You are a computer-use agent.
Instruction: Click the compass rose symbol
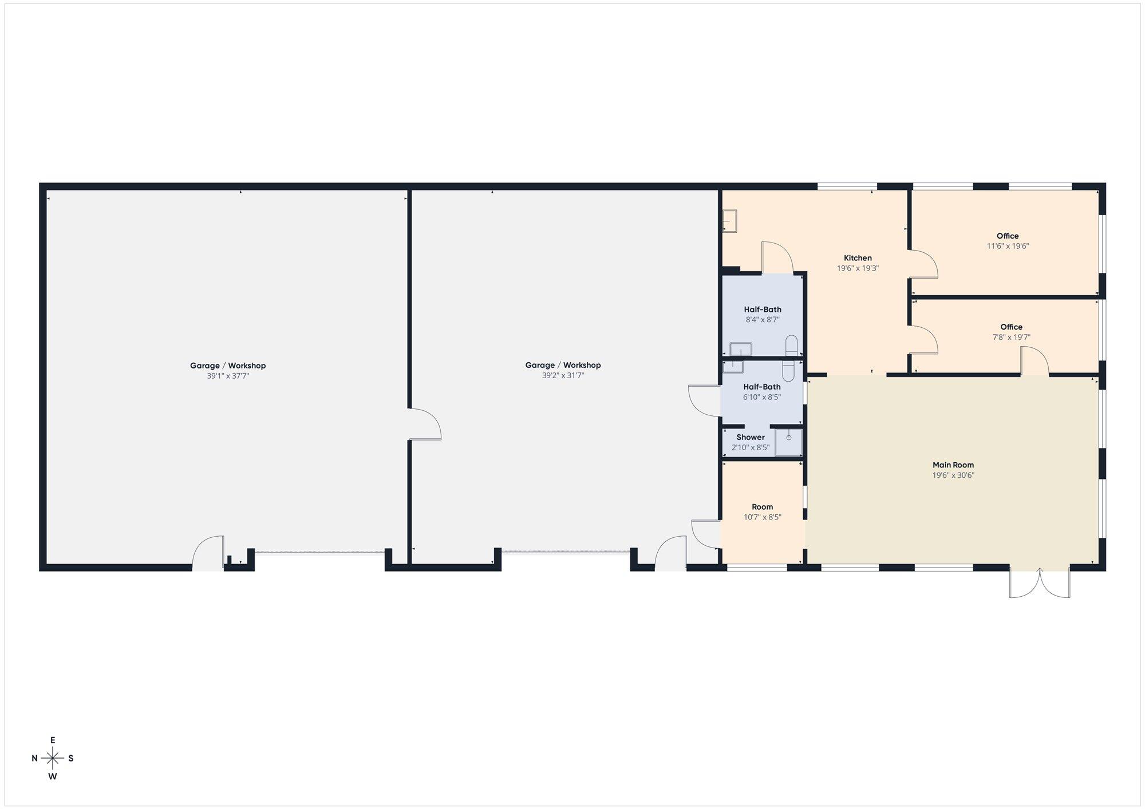[53, 759]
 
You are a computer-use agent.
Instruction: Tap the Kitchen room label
[858, 258]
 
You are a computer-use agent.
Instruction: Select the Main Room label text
[953, 465]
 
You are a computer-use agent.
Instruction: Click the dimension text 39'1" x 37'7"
[228, 376]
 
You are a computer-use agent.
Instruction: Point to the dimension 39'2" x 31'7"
[563, 375]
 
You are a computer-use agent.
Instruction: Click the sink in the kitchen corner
[729, 221]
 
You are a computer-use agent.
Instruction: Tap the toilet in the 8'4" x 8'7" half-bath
[792, 345]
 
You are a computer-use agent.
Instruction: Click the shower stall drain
[789, 438]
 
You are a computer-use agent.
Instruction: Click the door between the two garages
[425, 424]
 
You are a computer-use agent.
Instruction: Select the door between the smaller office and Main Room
[1035, 362]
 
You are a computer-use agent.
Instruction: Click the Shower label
[751, 437]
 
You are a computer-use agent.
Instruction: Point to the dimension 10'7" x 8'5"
[763, 517]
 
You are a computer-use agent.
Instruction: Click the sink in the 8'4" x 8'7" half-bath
[741, 349]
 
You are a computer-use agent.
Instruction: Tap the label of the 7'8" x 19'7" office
[1011, 327]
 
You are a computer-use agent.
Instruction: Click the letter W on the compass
[53, 776]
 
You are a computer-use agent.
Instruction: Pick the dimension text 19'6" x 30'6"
[953, 475]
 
